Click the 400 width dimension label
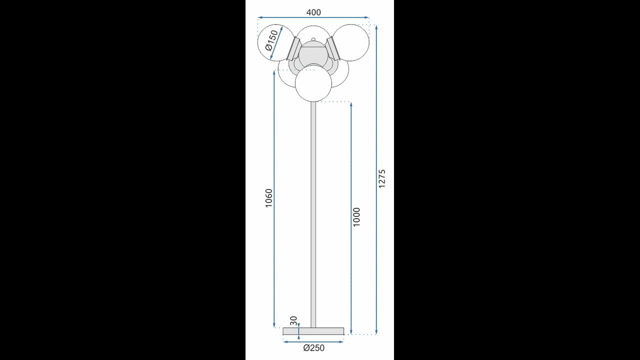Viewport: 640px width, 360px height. tap(313, 12)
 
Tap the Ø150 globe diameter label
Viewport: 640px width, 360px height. tap(271, 40)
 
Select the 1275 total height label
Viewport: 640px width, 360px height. tap(382, 178)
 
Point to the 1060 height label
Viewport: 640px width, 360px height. tap(269, 198)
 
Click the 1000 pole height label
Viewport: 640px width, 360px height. tap(356, 217)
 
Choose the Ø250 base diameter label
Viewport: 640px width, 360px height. tap(313, 347)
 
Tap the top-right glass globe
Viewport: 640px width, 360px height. tap(351, 42)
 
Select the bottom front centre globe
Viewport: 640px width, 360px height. tap(313, 83)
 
